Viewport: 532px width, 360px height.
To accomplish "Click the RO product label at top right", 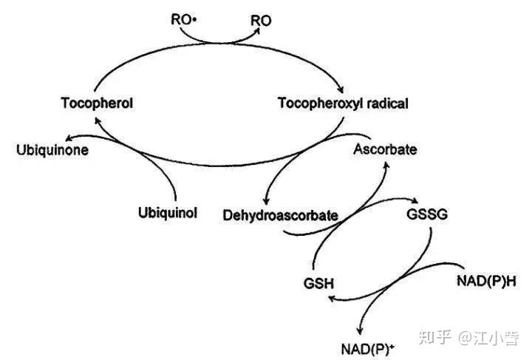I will [x=261, y=20].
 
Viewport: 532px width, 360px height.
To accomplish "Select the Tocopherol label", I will [x=97, y=103].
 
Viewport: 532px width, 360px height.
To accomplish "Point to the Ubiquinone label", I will [x=52, y=150].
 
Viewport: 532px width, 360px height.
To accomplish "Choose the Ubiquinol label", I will [x=168, y=214].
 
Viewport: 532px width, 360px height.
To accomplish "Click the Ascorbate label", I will [x=385, y=149].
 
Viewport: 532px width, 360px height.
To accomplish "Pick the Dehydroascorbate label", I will [x=281, y=215].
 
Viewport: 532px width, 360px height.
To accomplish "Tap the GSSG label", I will [x=427, y=215].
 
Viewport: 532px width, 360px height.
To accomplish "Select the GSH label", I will [x=319, y=284].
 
